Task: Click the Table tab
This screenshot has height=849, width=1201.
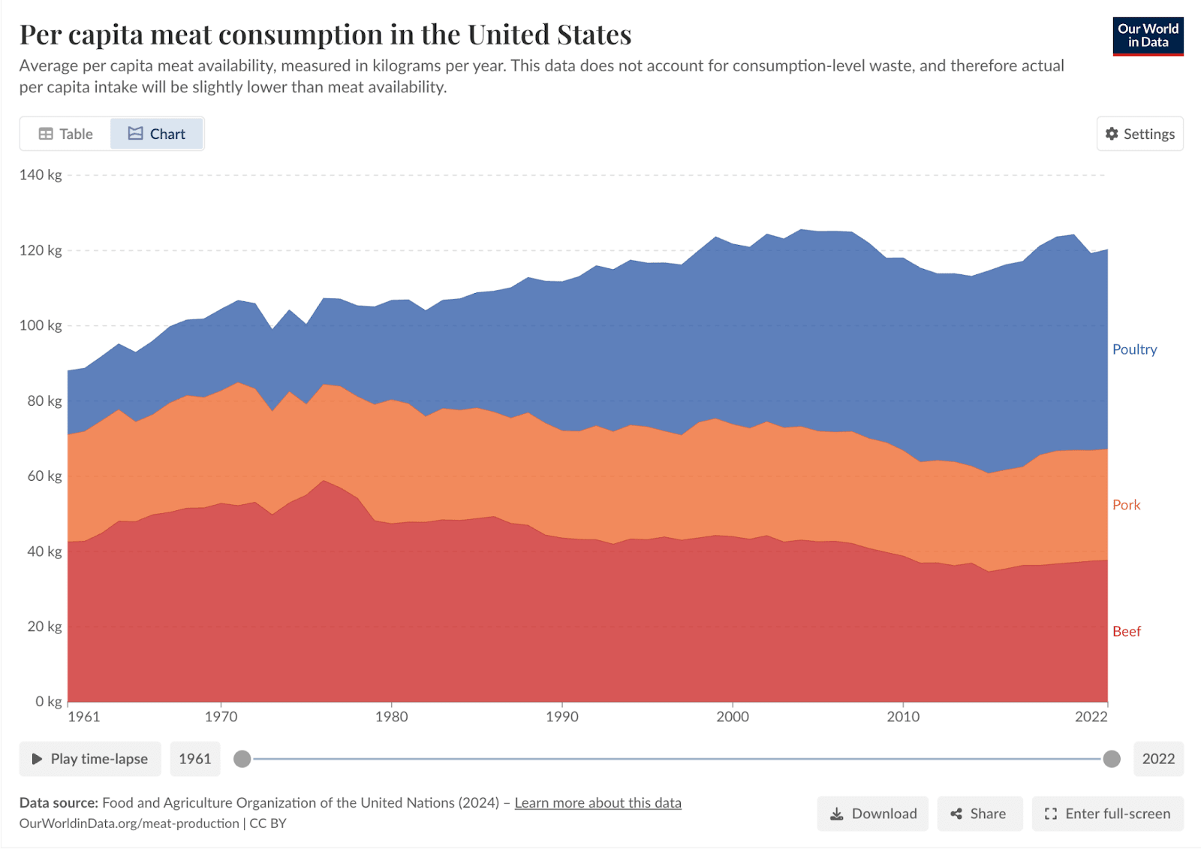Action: (x=66, y=134)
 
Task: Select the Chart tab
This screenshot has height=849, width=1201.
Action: (x=157, y=134)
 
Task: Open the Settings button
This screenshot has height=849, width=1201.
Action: (x=1139, y=134)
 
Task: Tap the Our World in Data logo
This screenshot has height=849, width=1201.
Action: (x=1148, y=36)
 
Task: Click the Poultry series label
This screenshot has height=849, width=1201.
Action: (x=1134, y=349)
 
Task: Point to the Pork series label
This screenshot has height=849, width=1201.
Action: (x=1126, y=505)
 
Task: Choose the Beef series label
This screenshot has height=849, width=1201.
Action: (x=1126, y=631)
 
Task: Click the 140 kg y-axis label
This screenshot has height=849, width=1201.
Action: (x=41, y=175)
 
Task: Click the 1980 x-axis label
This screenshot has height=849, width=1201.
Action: (x=392, y=717)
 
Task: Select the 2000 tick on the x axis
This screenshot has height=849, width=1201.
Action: (x=733, y=717)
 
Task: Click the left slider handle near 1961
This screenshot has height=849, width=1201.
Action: (x=242, y=759)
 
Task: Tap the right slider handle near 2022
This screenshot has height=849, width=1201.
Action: (x=1112, y=759)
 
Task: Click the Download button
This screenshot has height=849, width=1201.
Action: (x=873, y=814)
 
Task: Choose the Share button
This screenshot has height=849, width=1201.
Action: (x=979, y=814)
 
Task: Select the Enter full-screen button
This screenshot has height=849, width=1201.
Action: (x=1107, y=814)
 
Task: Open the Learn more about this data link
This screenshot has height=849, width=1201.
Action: (x=597, y=802)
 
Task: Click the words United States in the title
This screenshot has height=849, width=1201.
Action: (x=549, y=35)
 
